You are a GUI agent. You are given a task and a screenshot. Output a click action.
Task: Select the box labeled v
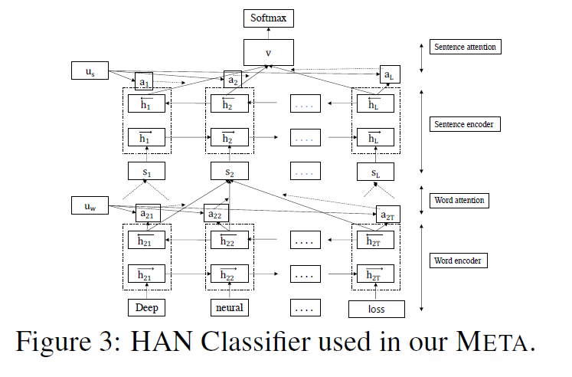pos(268,52)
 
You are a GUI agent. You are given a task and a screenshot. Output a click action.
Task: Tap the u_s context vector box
pos(90,71)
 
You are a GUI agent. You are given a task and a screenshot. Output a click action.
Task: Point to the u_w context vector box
pos(90,205)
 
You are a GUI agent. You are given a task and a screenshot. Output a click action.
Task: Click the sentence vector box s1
pos(145,172)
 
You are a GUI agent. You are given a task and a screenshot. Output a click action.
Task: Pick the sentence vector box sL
pos(374,172)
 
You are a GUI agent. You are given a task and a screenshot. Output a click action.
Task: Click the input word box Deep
pos(145,308)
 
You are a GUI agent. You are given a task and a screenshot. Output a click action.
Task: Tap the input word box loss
pos(376,309)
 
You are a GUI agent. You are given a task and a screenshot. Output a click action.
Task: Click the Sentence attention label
pos(465,47)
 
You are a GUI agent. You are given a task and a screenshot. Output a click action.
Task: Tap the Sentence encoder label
pos(465,124)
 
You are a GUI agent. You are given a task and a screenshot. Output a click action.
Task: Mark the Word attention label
pos(459,201)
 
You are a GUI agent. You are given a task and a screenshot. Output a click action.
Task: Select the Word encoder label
pos(459,261)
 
